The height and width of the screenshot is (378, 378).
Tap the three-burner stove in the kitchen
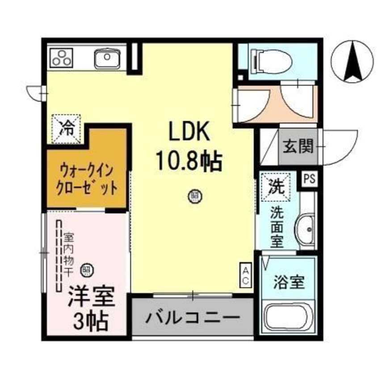click(61, 58)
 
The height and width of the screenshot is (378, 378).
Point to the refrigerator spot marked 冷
click(67, 128)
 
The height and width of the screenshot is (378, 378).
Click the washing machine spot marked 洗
click(275, 185)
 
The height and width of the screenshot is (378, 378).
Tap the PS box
click(309, 179)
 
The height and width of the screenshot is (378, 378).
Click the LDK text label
click(188, 133)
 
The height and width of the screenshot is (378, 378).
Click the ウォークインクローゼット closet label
click(87, 178)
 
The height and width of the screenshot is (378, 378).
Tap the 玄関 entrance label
click(297, 147)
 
